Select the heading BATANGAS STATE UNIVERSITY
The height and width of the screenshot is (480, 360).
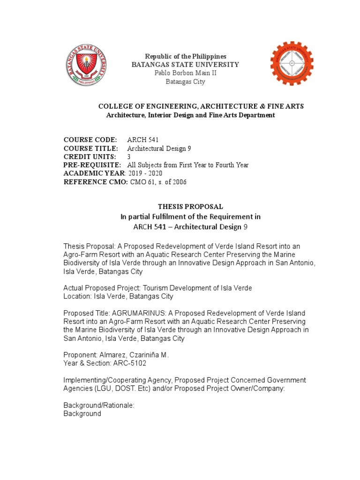185,65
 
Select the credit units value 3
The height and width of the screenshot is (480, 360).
129,157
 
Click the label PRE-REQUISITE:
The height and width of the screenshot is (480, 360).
92,165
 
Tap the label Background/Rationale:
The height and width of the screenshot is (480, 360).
99,405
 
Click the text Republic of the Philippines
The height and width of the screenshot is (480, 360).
186,56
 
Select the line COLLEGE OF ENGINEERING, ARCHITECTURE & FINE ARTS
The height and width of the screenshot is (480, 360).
200,106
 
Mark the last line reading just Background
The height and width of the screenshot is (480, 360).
82,414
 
